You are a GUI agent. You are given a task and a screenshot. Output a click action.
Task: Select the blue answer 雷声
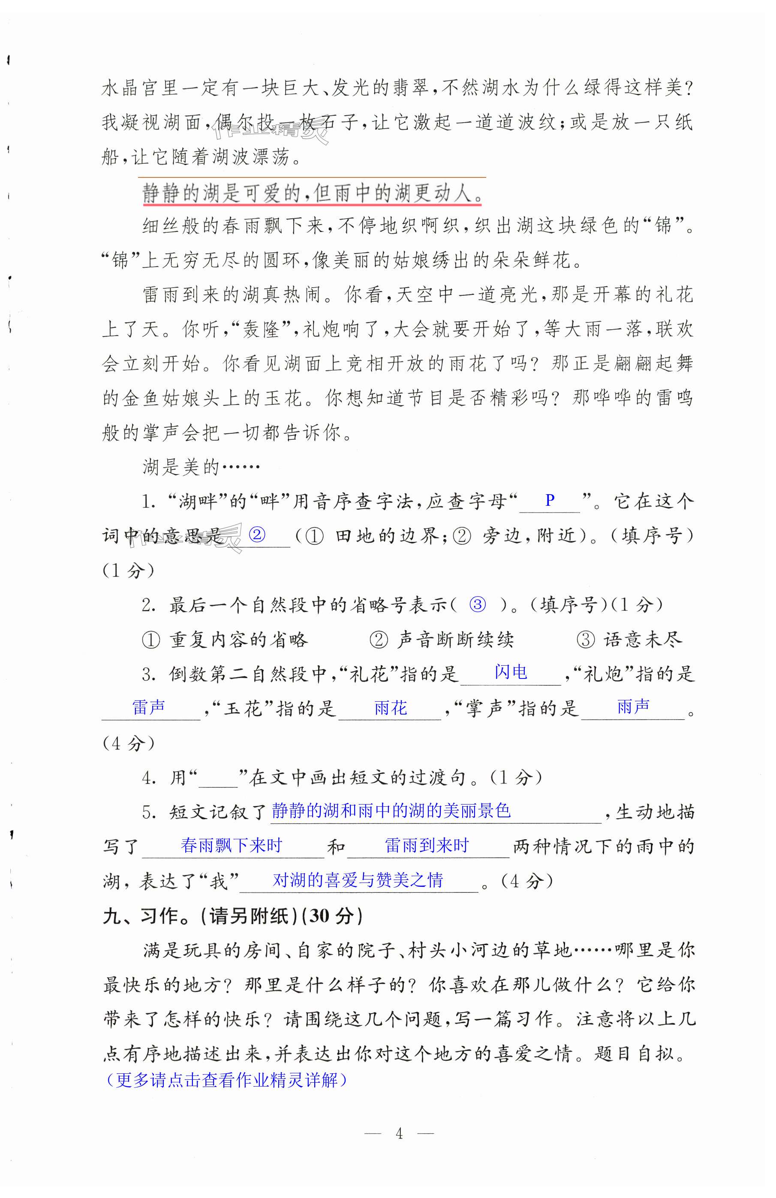point(148,707)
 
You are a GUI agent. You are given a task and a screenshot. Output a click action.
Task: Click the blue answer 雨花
point(390,708)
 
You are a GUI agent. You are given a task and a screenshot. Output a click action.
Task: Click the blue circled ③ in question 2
point(477,604)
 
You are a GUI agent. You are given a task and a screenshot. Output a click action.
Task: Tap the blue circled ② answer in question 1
point(257,534)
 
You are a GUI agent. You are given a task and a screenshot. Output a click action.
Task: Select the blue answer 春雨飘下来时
point(231,845)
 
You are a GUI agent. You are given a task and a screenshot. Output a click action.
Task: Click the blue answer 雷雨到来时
point(427,845)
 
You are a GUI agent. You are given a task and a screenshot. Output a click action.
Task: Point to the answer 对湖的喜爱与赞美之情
point(358,880)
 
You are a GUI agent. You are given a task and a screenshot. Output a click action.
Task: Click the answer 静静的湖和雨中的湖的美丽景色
point(391,811)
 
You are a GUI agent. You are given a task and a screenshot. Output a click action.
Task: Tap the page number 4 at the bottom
point(399,1133)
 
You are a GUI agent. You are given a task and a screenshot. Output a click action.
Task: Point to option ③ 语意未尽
point(629,639)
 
